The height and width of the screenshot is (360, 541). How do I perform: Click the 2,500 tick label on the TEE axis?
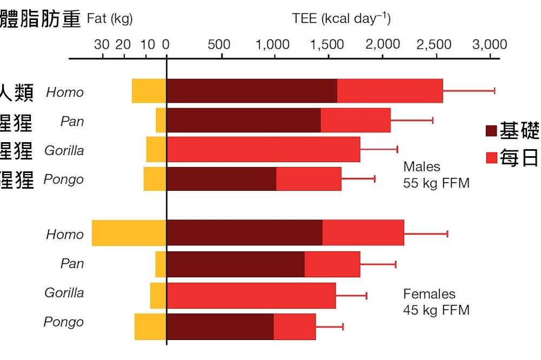pyautogui.click(x=435, y=44)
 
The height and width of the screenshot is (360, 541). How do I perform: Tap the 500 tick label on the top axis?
pyautogui.click(x=219, y=44)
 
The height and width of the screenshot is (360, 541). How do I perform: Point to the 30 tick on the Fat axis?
pyautogui.click(x=101, y=44)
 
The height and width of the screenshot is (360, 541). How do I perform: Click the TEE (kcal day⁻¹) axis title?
pyautogui.click(x=341, y=18)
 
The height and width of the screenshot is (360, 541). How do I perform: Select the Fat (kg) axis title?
pyautogui.click(x=109, y=19)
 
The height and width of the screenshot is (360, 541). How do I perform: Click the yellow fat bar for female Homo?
pyautogui.click(x=129, y=233)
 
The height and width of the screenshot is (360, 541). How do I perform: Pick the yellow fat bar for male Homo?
pyautogui.click(x=149, y=91)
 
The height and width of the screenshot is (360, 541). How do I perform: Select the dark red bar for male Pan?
pyautogui.click(x=243, y=120)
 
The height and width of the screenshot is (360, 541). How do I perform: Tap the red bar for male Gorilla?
pyautogui.click(x=263, y=149)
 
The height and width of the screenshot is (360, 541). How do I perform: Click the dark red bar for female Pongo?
pyautogui.click(x=220, y=326)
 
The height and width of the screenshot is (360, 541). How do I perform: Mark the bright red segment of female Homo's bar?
pyautogui.click(x=363, y=233)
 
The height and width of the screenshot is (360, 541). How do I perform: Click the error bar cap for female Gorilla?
pyautogui.click(x=366, y=295)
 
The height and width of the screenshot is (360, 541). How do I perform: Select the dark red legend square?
pyautogui.click(x=491, y=131)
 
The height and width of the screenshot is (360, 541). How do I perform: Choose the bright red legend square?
pyautogui.click(x=491, y=158)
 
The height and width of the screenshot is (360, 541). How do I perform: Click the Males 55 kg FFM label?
pyautogui.click(x=436, y=175)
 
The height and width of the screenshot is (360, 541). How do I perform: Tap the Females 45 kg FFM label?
pyautogui.click(x=436, y=302)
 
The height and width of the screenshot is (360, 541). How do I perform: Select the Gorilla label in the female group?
pyautogui.click(x=64, y=292)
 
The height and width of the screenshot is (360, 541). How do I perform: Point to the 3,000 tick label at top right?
pyautogui.click(x=490, y=44)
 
